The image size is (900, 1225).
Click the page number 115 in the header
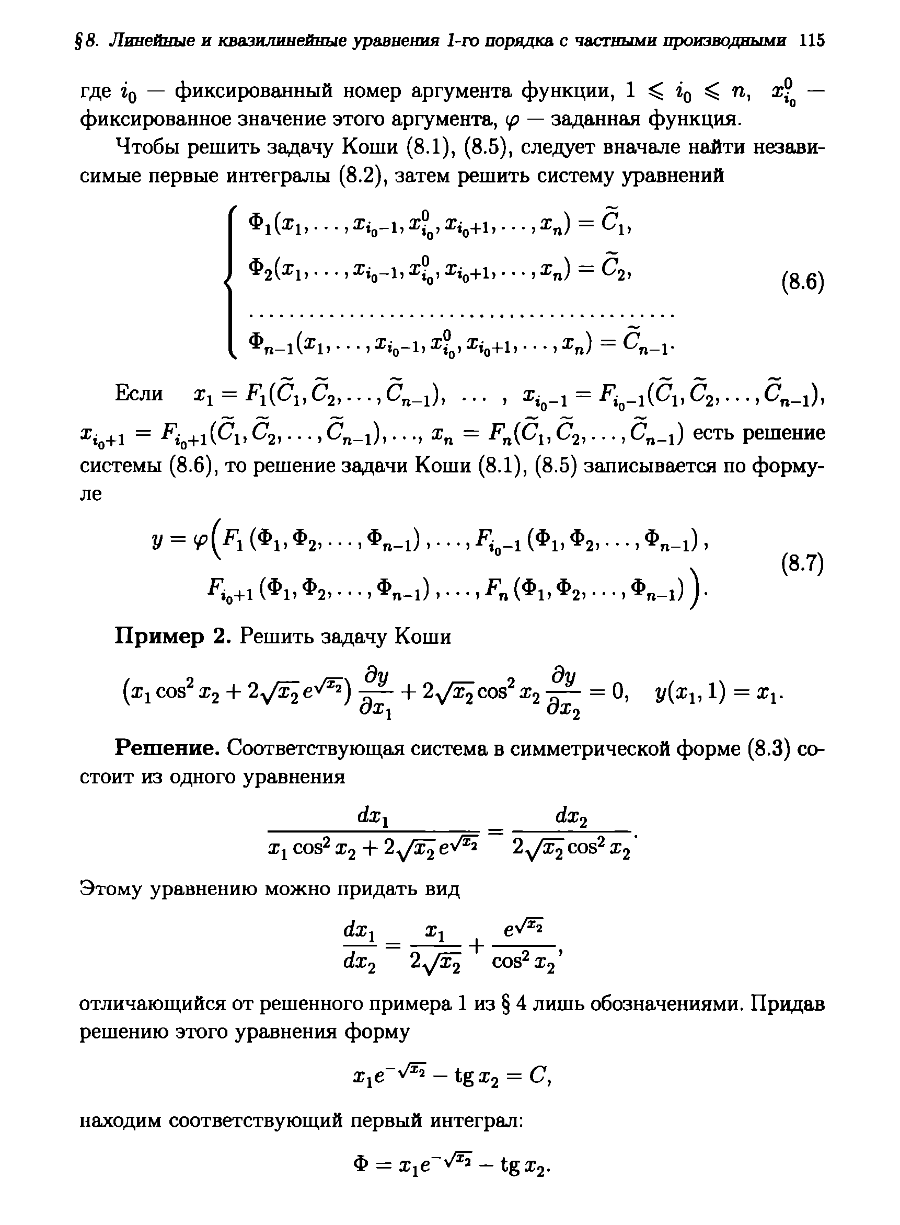[x=811, y=41]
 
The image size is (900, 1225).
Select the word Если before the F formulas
[x=139, y=393]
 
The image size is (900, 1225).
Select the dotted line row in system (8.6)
[x=461, y=315]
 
